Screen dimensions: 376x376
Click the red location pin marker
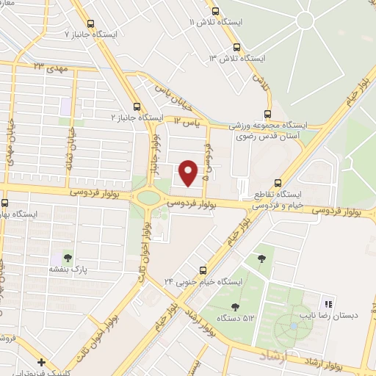[189, 172]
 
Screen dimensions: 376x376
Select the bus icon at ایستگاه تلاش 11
[215, 11]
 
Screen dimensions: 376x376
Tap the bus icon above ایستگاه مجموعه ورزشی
[267, 114]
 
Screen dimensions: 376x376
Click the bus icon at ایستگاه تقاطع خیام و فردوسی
[277, 184]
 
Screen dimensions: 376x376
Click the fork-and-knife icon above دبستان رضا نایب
[329, 303]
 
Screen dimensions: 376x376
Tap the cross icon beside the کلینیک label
[42, 362]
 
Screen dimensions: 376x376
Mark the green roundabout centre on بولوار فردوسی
[148, 197]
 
